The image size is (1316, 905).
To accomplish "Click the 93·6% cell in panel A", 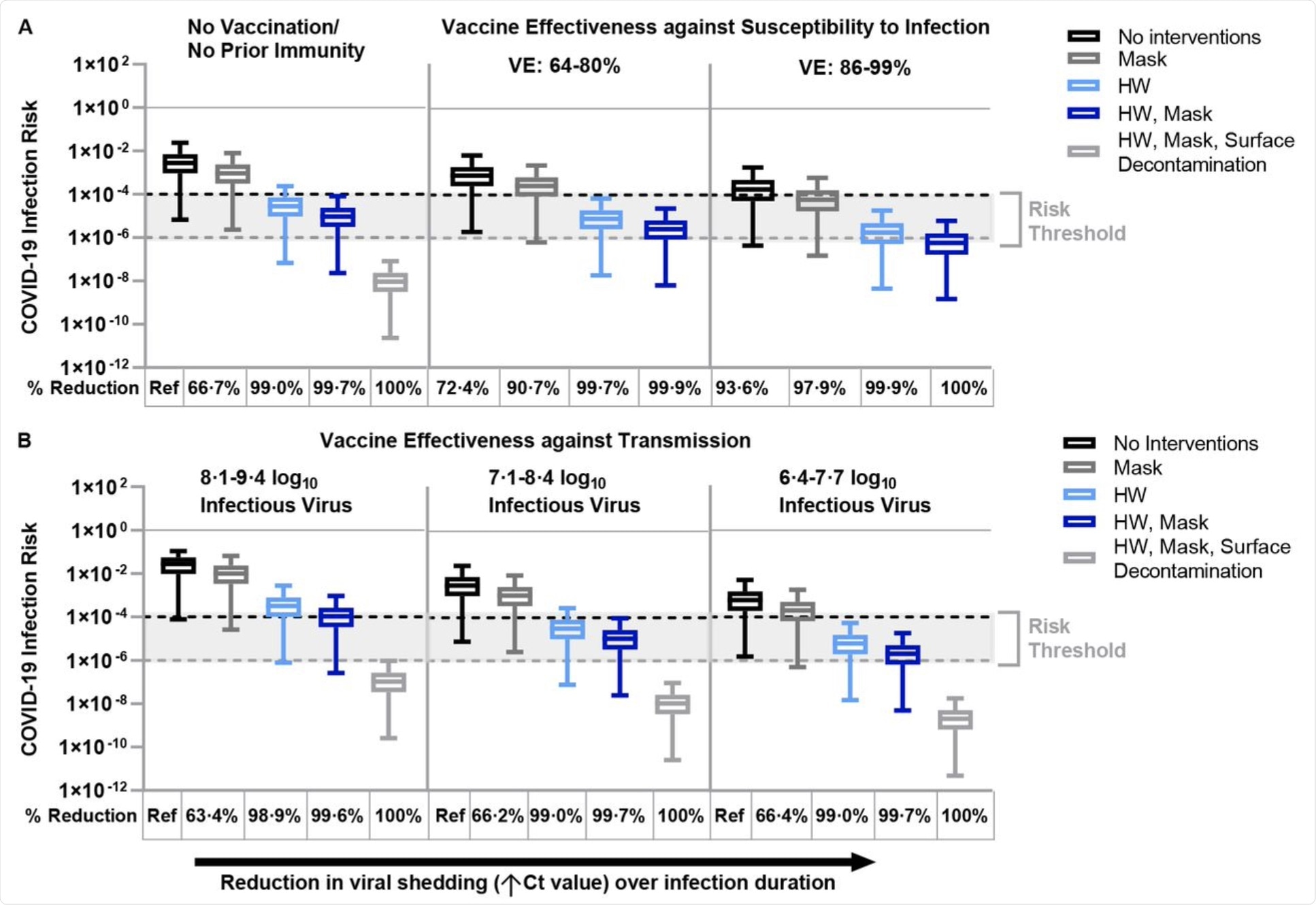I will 741,389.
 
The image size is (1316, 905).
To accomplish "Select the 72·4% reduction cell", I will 462,389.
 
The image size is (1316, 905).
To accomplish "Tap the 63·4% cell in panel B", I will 212,815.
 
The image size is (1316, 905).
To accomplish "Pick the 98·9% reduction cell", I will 274,815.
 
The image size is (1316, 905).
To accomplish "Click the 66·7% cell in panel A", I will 214,389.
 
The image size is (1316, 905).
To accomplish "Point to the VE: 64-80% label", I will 564,66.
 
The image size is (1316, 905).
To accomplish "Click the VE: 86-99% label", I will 854,68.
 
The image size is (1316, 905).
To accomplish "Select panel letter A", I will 25,27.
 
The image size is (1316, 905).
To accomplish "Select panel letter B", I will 24,441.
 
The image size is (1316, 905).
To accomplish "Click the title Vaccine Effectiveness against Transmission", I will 535,441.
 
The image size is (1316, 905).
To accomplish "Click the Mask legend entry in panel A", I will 1141,59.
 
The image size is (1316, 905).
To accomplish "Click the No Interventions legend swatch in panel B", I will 1079,443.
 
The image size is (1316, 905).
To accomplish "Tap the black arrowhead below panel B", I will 863,862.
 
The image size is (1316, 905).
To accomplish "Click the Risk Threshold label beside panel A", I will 1076,221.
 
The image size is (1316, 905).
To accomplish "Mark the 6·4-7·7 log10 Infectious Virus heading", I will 854,491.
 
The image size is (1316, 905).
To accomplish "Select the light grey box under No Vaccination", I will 391,282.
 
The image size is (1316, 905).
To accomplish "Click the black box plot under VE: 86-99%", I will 753,190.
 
